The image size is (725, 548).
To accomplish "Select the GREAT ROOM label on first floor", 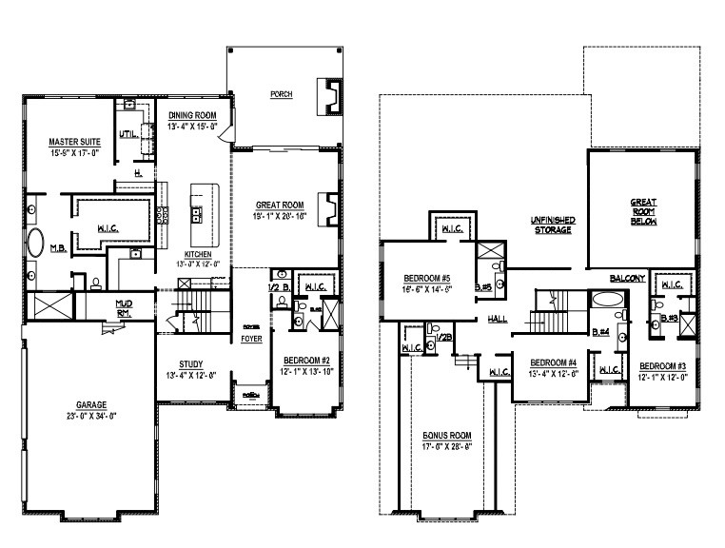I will coord(279,205).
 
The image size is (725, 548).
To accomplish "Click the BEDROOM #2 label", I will coord(305,361).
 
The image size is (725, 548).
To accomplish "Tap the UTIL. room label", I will coord(128,135).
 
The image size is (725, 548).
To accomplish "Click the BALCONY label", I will coord(628,278).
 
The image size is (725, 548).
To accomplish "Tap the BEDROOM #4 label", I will coord(554,362).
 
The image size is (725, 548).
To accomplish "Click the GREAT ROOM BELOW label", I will coord(644,211).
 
